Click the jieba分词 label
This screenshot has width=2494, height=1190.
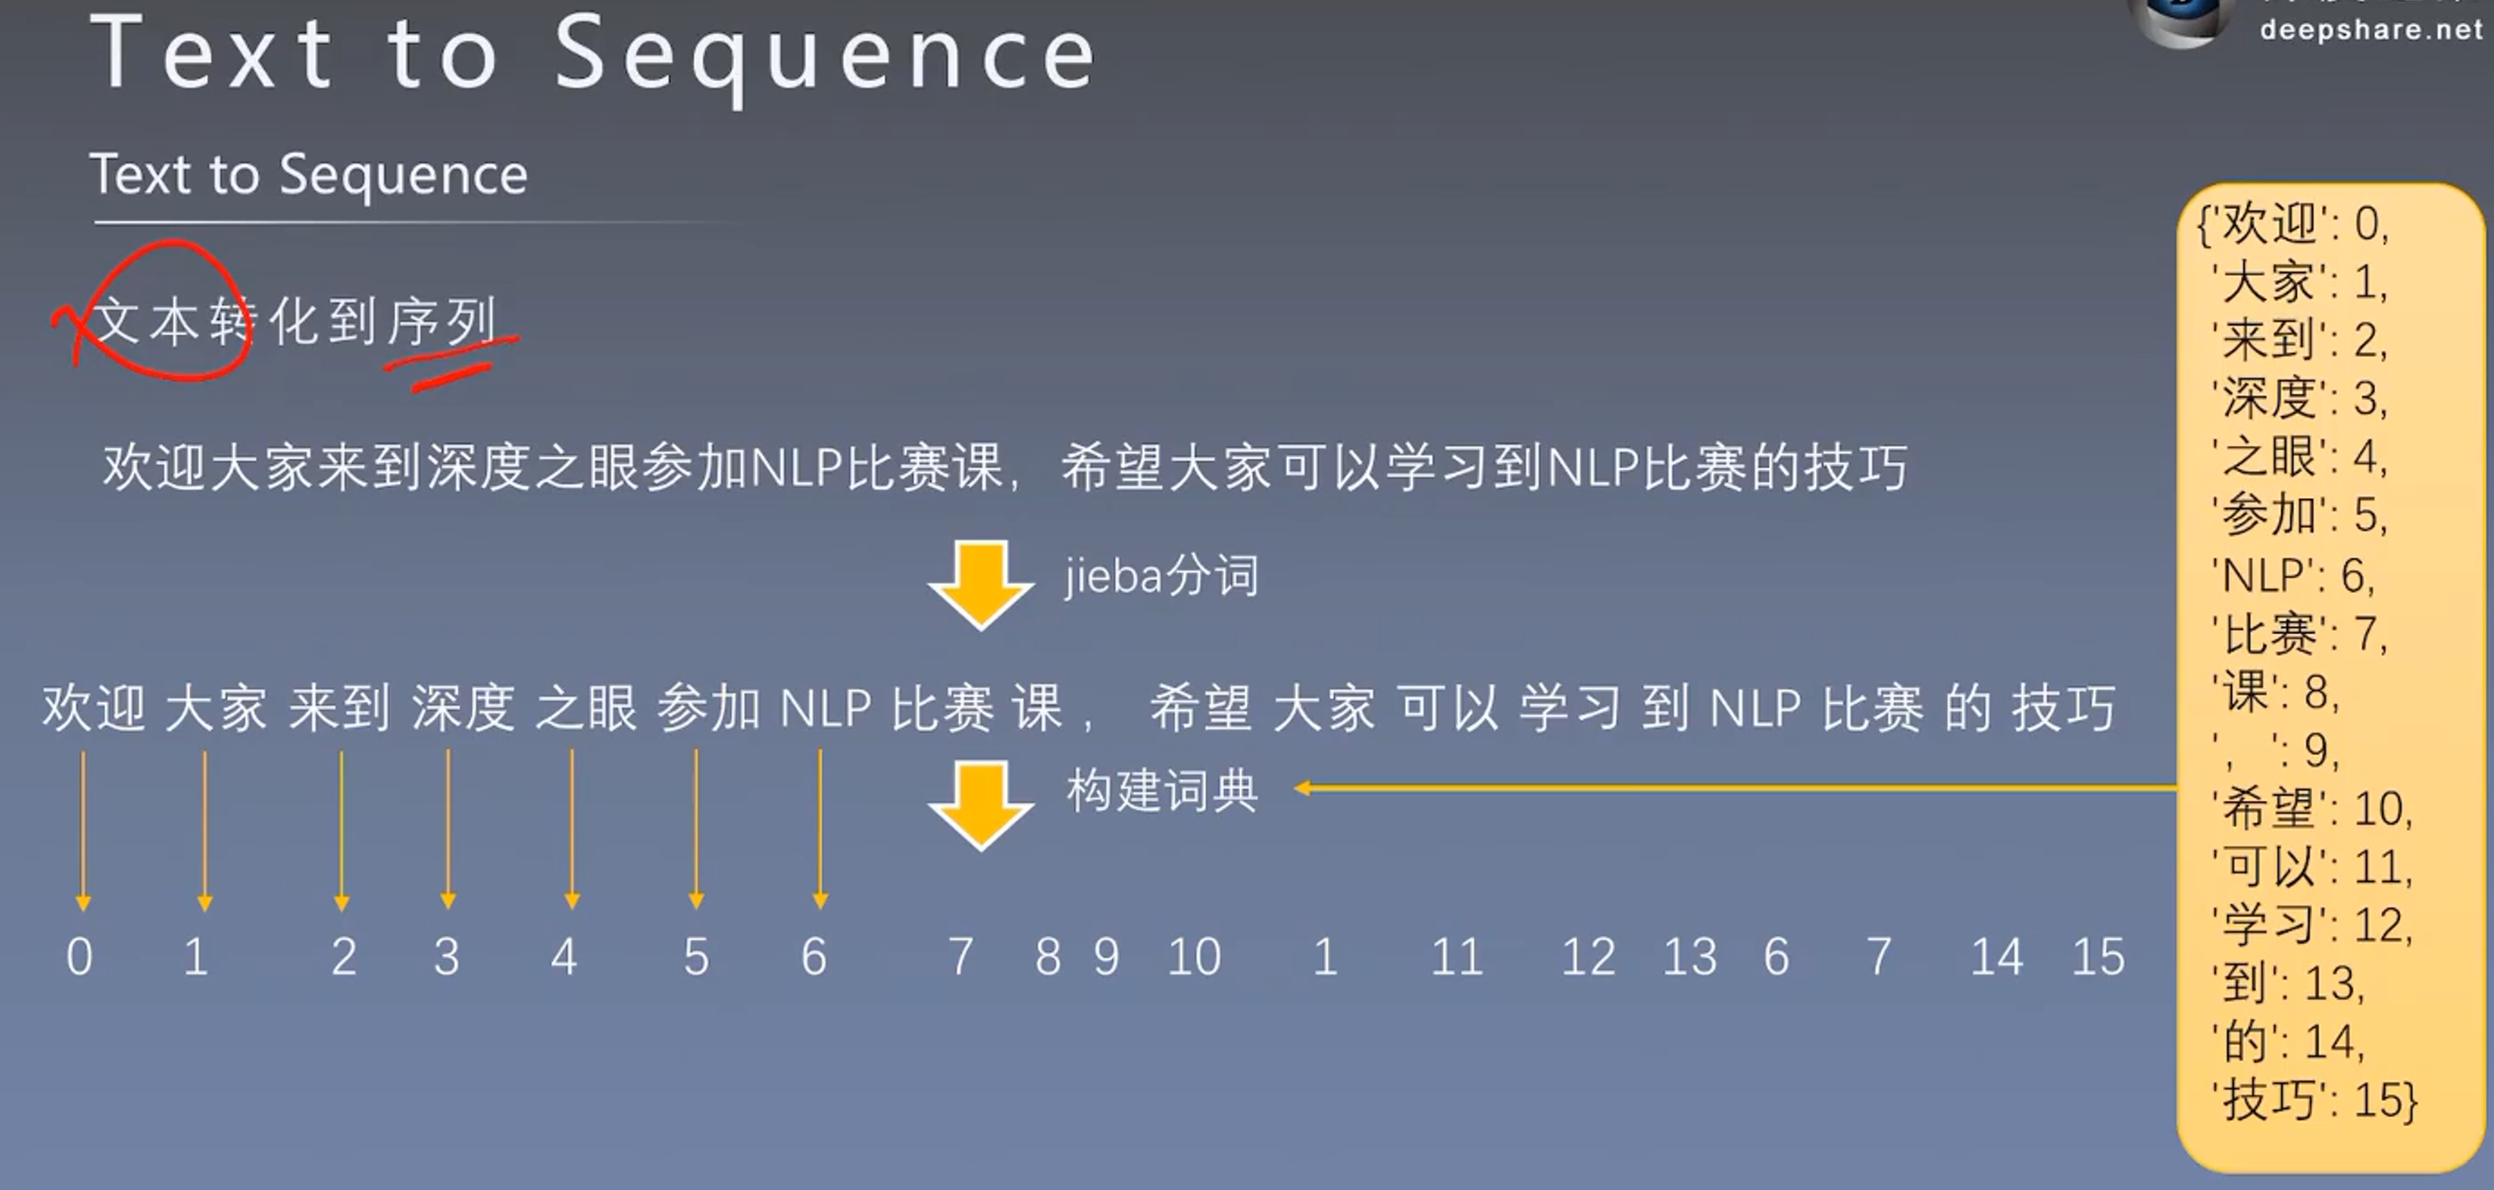pyautogui.click(x=1161, y=577)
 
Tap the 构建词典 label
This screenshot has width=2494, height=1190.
pyautogui.click(x=1161, y=791)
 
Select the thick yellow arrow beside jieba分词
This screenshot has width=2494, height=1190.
pyautogui.click(x=981, y=584)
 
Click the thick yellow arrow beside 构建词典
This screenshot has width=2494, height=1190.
pyautogui.click(x=981, y=804)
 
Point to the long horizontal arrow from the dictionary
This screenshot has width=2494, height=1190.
pyautogui.click(x=1733, y=788)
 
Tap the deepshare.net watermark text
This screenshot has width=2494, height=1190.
pyautogui.click(x=2371, y=29)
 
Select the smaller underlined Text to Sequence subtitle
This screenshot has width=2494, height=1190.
pyautogui.click(x=309, y=176)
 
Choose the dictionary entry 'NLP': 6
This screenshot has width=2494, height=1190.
pyautogui.click(x=2293, y=577)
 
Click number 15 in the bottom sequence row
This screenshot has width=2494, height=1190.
pyautogui.click(x=2098, y=957)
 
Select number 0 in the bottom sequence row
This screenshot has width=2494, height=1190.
pyautogui.click(x=79, y=957)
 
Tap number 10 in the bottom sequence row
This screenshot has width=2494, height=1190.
pyautogui.click(x=1193, y=957)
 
